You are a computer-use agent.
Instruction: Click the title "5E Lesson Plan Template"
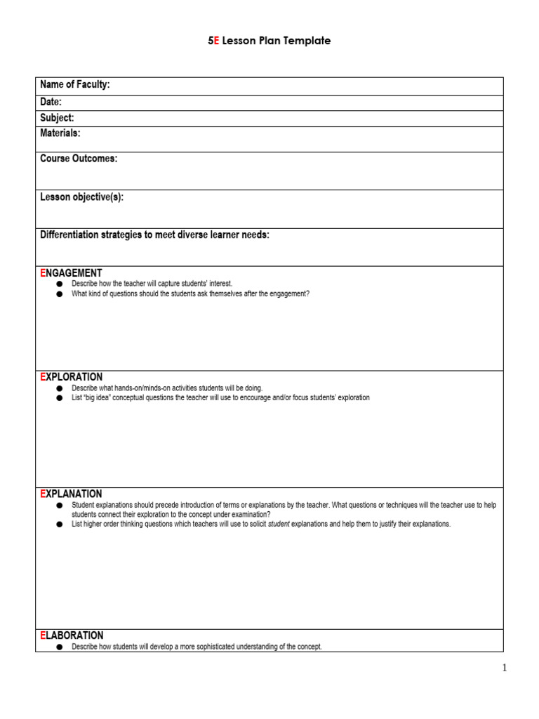click(269, 41)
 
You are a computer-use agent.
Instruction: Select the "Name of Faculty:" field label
click(75, 85)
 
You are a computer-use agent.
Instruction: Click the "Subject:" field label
click(57, 118)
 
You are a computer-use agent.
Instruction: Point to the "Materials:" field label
click(60, 133)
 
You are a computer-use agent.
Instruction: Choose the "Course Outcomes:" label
click(79, 159)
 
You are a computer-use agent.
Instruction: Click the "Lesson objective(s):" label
click(81, 197)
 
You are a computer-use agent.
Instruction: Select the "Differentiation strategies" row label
click(154, 235)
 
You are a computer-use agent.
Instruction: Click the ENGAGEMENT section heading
click(71, 273)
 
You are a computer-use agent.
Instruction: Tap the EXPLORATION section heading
click(72, 377)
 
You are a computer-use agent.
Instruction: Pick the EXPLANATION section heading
click(71, 494)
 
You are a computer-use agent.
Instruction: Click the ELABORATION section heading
click(72, 635)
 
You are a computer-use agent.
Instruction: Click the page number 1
click(504, 668)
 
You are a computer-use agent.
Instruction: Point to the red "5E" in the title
click(213, 41)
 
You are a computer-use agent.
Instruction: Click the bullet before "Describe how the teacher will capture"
click(59, 284)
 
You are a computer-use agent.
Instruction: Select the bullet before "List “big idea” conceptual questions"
click(59, 398)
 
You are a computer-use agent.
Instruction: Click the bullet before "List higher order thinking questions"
click(59, 525)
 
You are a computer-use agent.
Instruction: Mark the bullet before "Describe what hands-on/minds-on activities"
click(59, 388)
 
